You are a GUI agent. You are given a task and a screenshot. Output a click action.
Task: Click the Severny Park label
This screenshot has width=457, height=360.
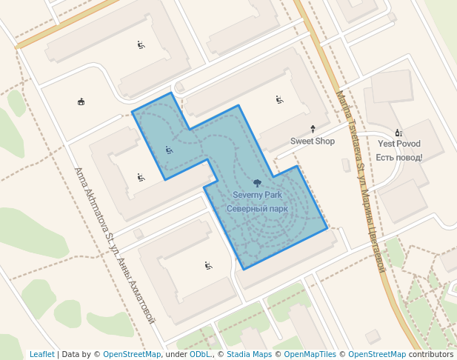pyautogui.click(x=257, y=195)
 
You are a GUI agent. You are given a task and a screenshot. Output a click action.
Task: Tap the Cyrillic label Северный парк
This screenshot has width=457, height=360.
pyautogui.click(x=257, y=209)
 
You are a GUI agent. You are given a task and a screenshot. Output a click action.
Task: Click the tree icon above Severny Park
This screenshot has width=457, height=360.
pyautogui.click(x=257, y=182)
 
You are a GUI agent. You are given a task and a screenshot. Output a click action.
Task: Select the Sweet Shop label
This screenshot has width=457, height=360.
pyautogui.click(x=312, y=141)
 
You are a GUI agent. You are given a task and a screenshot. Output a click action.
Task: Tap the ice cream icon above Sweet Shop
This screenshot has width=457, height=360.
pyautogui.click(x=312, y=128)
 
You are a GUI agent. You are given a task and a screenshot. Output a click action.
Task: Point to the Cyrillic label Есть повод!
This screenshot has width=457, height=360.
pyautogui.click(x=398, y=157)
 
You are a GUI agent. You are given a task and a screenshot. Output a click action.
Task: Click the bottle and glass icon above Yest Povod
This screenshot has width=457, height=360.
pyautogui.click(x=398, y=131)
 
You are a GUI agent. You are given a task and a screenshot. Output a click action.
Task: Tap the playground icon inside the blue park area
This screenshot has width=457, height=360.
pyautogui.click(x=169, y=150)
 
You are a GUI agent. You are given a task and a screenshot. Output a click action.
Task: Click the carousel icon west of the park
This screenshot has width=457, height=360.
pyautogui.click(x=81, y=101)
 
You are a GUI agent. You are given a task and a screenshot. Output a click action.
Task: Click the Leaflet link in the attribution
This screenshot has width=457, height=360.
pyautogui.click(x=41, y=354)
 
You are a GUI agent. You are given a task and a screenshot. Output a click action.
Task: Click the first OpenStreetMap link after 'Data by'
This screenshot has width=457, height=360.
pyautogui.click(x=132, y=354)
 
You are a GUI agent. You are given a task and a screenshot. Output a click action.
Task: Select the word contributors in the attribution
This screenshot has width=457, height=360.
pyautogui.click(x=431, y=354)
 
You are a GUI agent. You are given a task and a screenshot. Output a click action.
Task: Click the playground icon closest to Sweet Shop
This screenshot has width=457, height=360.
pyautogui.click(x=279, y=99)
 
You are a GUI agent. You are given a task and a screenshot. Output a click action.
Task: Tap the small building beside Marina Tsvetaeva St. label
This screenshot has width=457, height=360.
pyautogui.click(x=346, y=164)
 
